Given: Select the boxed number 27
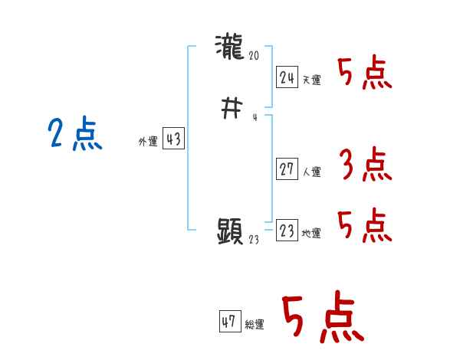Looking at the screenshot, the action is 287,169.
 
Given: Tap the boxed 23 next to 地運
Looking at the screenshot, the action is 287,231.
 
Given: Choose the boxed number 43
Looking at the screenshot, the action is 173,139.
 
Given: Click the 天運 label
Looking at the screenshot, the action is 310,80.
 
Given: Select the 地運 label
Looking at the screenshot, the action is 310,234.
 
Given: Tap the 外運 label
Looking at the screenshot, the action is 148,142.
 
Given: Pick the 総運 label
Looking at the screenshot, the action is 254,325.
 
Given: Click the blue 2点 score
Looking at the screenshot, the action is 75,135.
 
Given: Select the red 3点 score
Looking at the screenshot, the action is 365,165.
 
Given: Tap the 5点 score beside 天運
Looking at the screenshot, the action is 365,74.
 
